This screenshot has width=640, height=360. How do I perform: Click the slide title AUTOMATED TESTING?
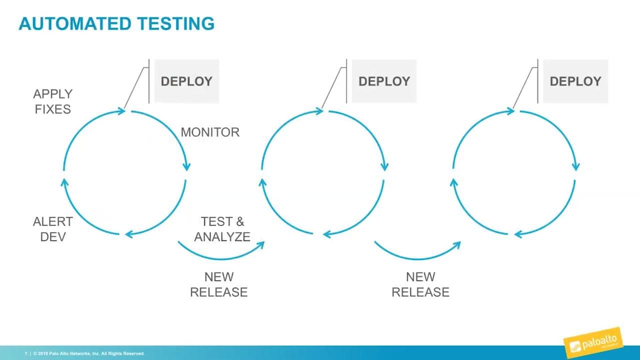tap(116, 23)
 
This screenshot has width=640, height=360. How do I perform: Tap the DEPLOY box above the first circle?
tap(186, 81)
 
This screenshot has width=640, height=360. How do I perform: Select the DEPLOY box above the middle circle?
tap(384, 81)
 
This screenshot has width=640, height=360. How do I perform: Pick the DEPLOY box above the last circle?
tap(575, 81)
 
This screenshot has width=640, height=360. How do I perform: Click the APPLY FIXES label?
tap(52, 101)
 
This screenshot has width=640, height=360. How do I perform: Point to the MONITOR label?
tap(210, 132)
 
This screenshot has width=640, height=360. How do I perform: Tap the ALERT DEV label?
tap(52, 229)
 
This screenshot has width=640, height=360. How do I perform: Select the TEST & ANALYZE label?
tap(222, 229)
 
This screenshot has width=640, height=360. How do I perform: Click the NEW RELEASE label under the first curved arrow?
tap(219, 284)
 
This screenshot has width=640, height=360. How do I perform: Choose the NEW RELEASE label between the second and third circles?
tap(420, 284)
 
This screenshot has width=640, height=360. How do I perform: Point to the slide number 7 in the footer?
tap(26, 353)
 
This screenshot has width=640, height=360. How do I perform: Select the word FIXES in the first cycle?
tap(52, 109)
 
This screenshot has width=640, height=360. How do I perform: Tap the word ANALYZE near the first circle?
tap(222, 236)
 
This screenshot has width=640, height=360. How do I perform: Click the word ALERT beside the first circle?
tap(52, 221)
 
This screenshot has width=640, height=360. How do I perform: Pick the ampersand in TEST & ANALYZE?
tap(238, 221)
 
